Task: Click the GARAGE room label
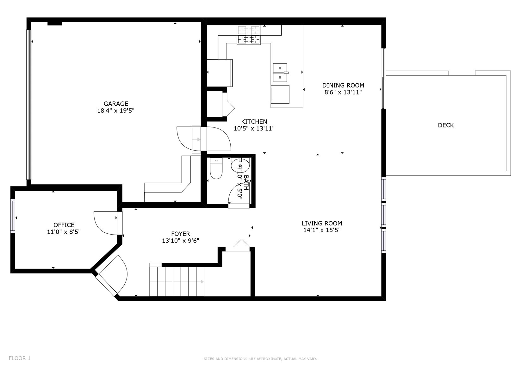click(116, 104)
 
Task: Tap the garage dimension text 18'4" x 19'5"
click(116, 111)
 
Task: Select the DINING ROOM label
click(343, 85)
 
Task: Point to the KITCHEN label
click(254, 121)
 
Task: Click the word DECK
click(446, 125)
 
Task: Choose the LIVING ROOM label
click(322, 223)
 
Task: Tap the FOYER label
click(181, 234)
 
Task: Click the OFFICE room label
click(64, 225)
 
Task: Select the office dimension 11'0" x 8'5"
click(64, 232)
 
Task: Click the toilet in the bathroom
click(216, 168)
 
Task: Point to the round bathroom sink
click(240, 165)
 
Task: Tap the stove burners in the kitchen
click(249, 35)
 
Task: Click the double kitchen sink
click(280, 73)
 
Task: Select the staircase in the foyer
click(177, 282)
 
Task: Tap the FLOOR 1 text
click(20, 358)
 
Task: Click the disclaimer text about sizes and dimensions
click(260, 359)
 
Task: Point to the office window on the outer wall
click(13, 216)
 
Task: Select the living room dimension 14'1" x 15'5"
click(322, 230)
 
